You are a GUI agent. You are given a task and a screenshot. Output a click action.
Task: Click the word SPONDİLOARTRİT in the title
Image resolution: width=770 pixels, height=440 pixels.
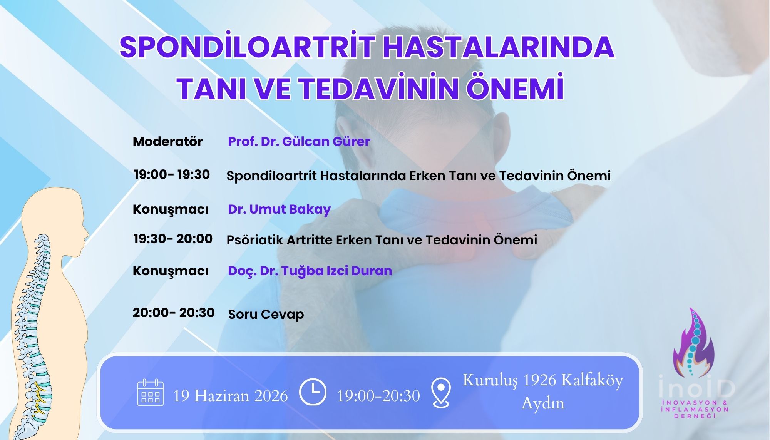[247, 47]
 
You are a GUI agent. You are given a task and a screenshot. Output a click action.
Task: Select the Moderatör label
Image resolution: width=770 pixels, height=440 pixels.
[167, 142]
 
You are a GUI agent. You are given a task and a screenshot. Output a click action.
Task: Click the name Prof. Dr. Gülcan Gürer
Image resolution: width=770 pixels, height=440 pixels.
[299, 142]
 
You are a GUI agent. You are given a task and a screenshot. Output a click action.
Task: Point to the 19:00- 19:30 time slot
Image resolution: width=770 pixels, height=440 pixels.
[172, 174]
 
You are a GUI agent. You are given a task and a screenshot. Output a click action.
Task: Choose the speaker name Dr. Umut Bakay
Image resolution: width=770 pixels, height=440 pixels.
[279, 209]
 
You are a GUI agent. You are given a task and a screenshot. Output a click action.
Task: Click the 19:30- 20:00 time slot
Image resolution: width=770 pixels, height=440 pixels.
[173, 239]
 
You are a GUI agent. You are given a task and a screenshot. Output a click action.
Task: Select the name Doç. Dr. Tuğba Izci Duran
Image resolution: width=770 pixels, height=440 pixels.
[310, 271]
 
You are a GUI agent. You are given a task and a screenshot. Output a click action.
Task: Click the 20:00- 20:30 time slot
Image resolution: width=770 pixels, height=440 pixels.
[173, 313]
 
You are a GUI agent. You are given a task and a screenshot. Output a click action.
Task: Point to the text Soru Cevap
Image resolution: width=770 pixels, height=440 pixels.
[266, 315]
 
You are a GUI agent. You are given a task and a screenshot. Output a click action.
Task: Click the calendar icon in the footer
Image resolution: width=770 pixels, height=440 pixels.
[151, 393]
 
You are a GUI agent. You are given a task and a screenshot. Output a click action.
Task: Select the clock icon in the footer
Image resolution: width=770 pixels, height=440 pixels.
[313, 392]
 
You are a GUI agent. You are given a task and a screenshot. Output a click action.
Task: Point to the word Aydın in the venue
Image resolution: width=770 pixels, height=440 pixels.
[542, 403]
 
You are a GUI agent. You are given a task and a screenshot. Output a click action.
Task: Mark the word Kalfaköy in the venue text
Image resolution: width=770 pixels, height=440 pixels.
[592, 380]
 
